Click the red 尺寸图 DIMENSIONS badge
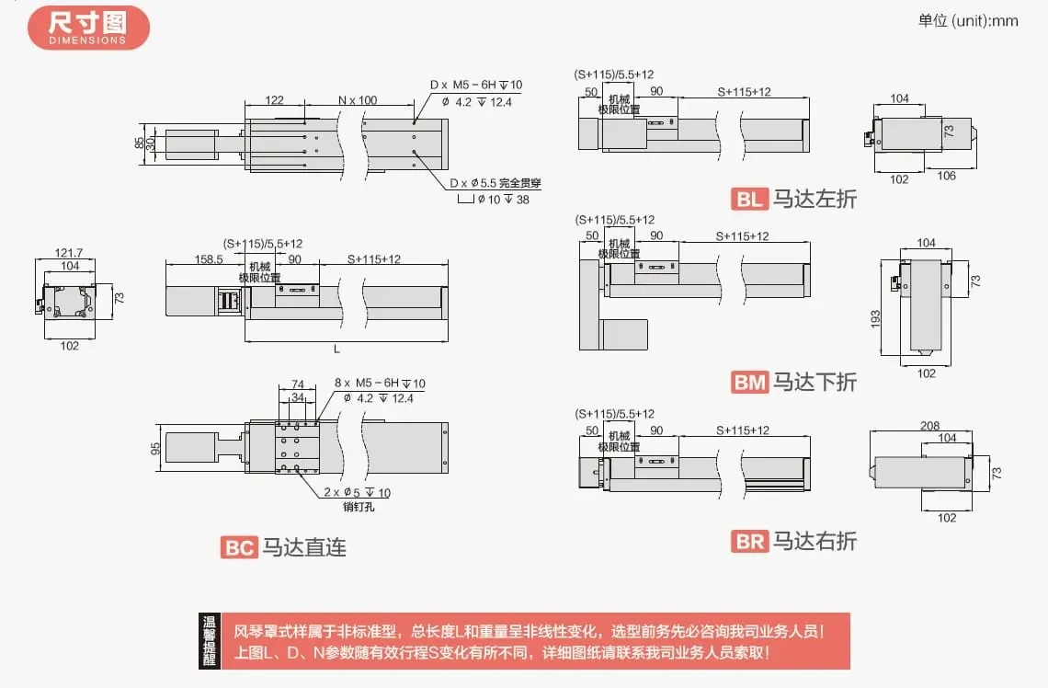point(88,27)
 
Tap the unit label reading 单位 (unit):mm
point(968,20)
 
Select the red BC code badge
point(239,547)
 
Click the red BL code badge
point(749,199)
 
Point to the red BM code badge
point(749,382)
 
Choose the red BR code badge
point(749,542)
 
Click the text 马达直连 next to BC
point(304,547)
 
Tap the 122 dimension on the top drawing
point(273,100)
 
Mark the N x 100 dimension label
point(358,100)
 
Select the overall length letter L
point(336,350)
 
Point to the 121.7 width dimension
point(69,252)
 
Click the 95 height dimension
point(155,448)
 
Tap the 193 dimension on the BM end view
point(875,317)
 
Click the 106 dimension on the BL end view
point(946,176)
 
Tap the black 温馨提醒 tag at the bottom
point(210,640)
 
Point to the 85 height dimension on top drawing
point(139,143)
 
